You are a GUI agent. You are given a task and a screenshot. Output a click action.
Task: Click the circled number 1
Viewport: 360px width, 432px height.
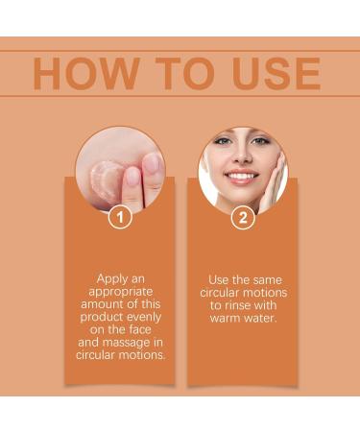point(119,218)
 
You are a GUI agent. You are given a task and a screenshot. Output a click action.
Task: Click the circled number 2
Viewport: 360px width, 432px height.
point(243,218)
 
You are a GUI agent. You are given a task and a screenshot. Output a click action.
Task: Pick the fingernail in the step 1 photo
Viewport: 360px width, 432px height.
point(132,176)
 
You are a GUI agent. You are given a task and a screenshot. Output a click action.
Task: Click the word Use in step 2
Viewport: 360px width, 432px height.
point(220,278)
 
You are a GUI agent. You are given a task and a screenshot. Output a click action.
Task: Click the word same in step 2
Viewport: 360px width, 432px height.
point(262,278)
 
